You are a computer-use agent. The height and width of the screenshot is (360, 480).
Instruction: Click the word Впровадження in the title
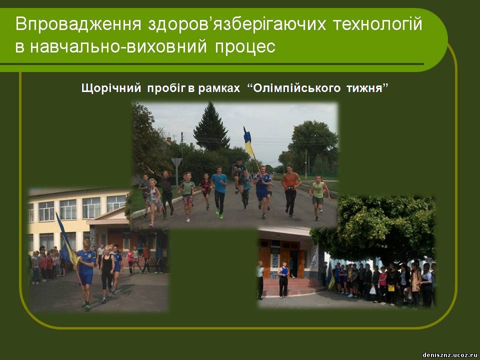tap(78, 24)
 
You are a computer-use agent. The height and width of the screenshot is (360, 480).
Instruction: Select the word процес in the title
tap(245, 47)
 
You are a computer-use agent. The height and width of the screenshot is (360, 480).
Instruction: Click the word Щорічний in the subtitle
tap(111, 88)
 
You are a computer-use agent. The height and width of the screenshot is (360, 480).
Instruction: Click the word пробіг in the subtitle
tap(166, 88)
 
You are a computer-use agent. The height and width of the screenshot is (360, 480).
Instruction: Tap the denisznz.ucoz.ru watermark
tap(449, 355)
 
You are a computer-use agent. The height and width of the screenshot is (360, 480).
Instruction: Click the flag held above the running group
tap(248, 141)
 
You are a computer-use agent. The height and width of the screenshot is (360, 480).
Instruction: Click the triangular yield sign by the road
tap(176, 162)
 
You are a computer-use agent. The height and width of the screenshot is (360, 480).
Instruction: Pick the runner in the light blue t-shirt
tap(219, 192)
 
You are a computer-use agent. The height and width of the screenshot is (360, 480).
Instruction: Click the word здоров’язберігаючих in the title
tap(237, 24)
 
